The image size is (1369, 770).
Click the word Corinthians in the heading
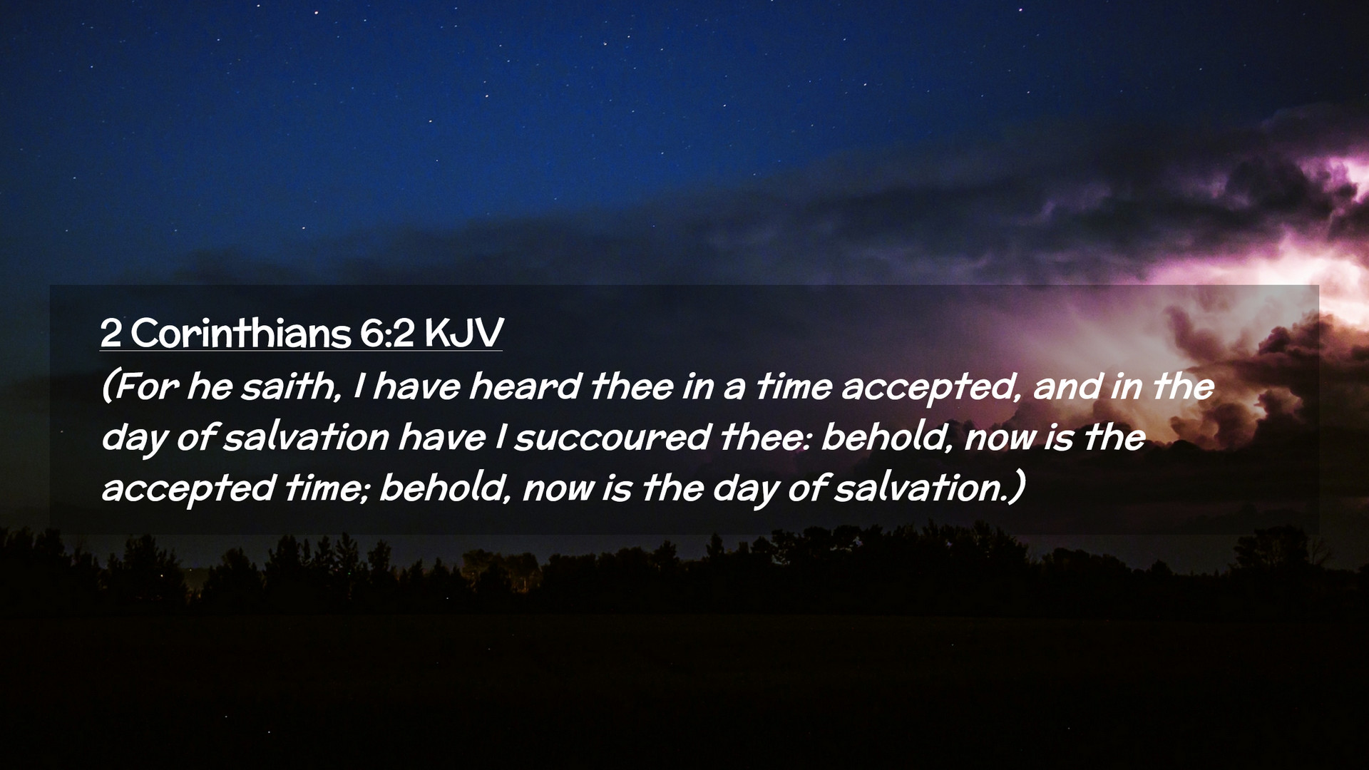tap(241, 332)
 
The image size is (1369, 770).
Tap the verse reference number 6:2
tap(386, 332)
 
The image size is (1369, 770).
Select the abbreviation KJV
tap(463, 333)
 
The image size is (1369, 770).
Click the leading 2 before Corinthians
tap(110, 333)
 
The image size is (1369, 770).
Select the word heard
tap(525, 387)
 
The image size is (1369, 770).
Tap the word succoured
tap(612, 438)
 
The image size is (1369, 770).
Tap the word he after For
tap(209, 387)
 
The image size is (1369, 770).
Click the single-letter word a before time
tap(735, 390)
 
